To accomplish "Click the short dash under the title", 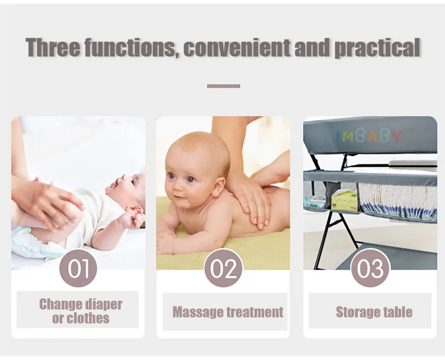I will pyautogui.click(x=223, y=86).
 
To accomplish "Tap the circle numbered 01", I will pyautogui.click(x=78, y=268).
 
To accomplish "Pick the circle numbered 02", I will pyautogui.click(x=223, y=268).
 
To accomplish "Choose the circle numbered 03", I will pyautogui.click(x=370, y=268).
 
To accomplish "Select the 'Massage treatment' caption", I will pyautogui.click(x=228, y=312).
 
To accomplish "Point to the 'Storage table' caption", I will pyautogui.click(x=374, y=312).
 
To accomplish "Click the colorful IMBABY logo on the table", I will pyautogui.click(x=369, y=136).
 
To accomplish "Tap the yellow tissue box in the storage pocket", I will pyautogui.click(x=344, y=200).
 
